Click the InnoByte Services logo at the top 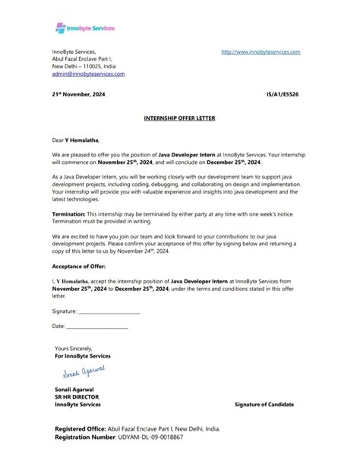[85, 28]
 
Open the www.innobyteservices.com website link [261, 52]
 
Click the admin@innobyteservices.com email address [88, 74]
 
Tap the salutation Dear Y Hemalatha [75, 141]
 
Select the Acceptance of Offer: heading [79, 267]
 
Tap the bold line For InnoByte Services [83, 355]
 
